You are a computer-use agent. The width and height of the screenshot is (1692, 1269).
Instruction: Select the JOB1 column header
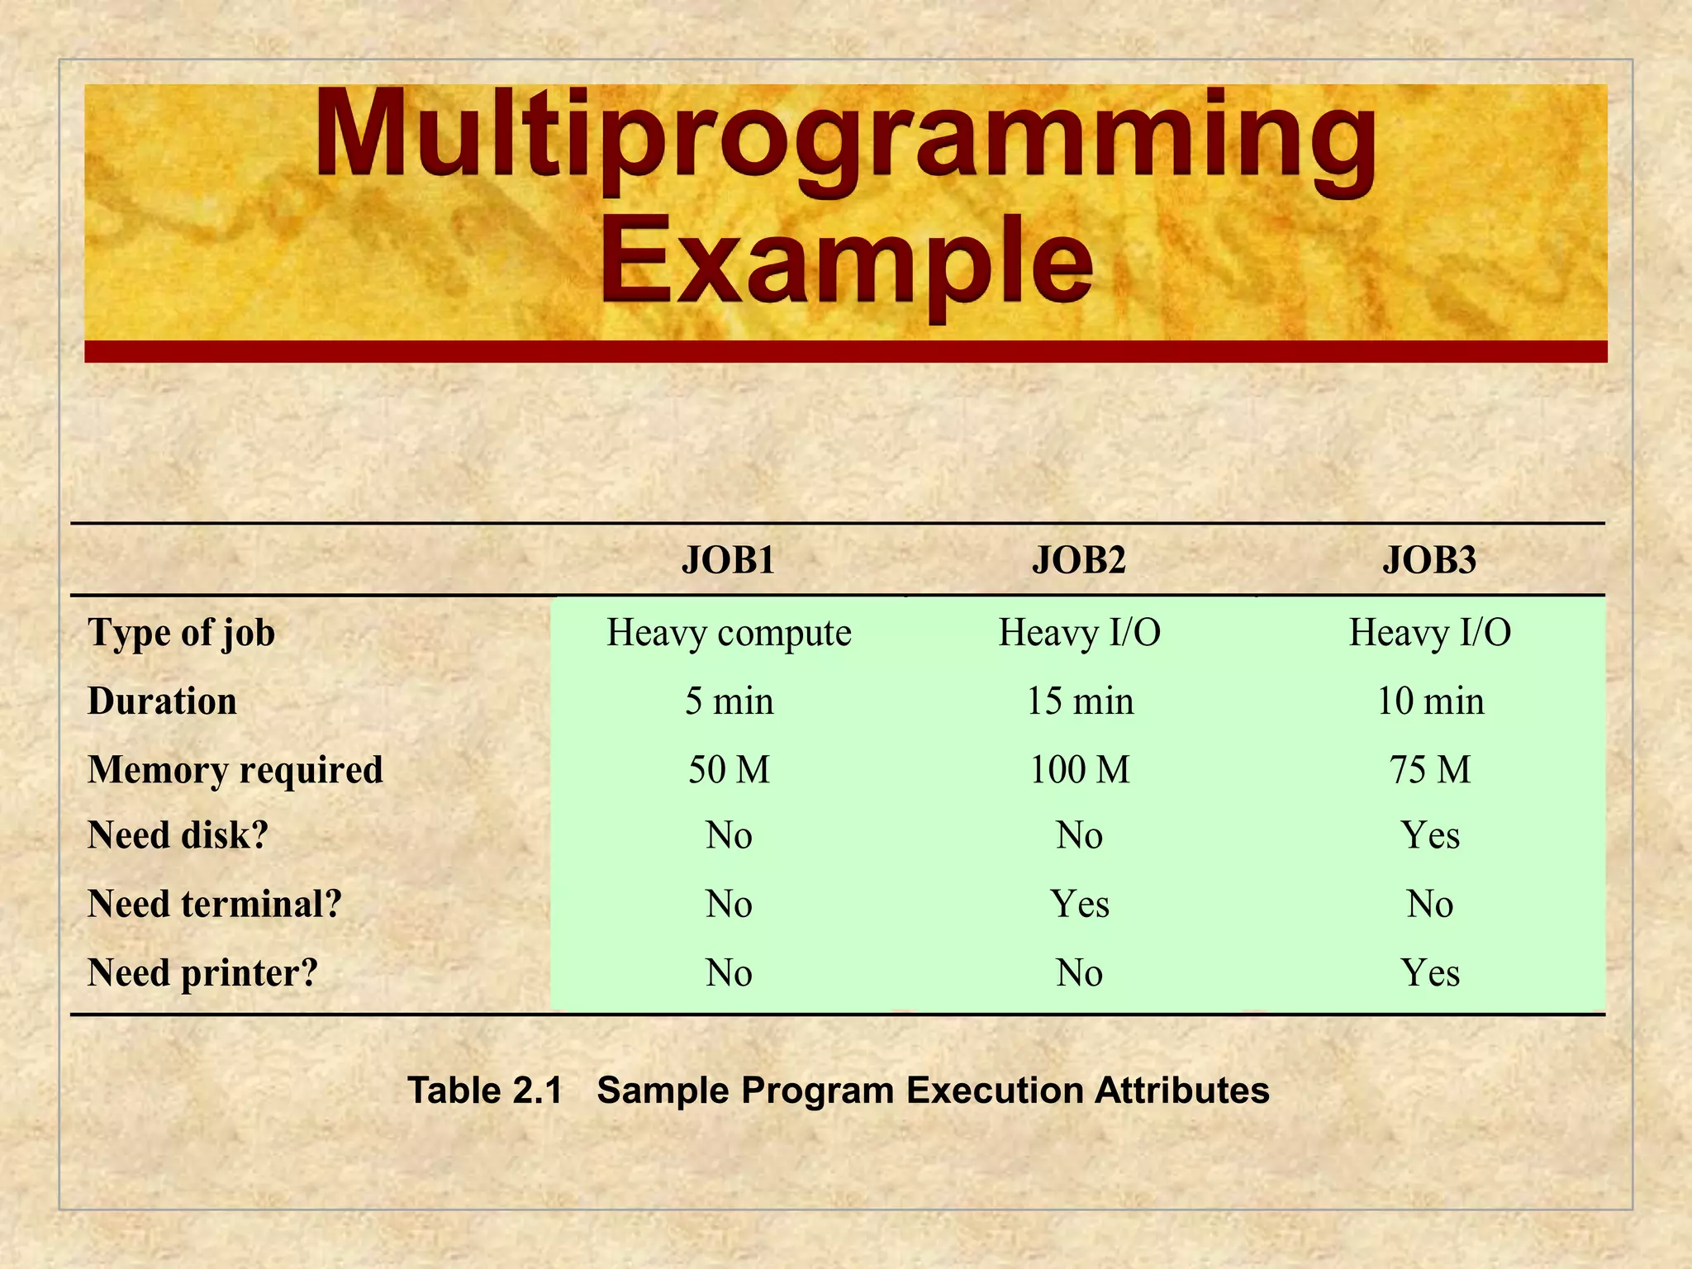(728, 560)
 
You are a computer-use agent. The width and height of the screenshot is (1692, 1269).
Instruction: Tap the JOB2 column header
(1079, 560)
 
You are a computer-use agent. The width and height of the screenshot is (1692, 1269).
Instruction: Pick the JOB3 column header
(1429, 560)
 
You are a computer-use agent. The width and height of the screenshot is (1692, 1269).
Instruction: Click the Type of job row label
(181, 633)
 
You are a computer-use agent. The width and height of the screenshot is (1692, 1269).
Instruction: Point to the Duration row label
(162, 701)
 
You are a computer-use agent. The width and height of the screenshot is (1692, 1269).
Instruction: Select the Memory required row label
(235, 770)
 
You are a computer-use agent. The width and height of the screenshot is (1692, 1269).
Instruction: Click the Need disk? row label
(178, 835)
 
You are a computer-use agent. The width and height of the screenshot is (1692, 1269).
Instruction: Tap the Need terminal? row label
(214, 904)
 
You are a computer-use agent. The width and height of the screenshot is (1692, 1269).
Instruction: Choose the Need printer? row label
(202, 973)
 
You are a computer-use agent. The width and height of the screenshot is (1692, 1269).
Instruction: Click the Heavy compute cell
(729, 633)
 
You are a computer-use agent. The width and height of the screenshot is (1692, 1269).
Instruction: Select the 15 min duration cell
(1079, 701)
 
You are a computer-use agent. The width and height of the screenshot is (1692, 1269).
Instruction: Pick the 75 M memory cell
(1429, 770)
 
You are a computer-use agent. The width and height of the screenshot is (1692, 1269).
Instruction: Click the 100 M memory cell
(1079, 770)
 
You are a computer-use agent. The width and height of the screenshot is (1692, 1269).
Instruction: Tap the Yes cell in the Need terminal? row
(1079, 904)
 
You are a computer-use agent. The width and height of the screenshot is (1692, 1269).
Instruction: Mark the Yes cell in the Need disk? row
(1429, 835)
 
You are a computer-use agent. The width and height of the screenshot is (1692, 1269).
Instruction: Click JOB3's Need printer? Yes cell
(1429, 973)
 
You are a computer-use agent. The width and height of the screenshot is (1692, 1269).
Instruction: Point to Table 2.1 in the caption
(485, 1091)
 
